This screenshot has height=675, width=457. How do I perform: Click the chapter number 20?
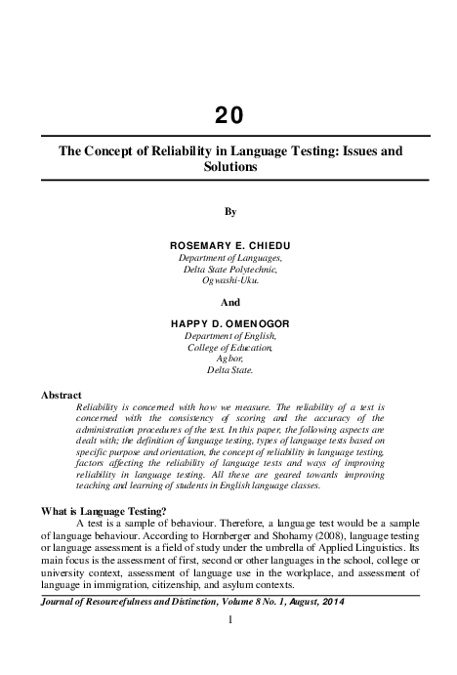point(230,119)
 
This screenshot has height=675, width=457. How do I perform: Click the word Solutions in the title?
point(230,167)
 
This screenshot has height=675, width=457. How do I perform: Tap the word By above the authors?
point(230,210)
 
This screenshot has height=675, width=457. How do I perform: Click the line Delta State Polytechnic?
point(230,269)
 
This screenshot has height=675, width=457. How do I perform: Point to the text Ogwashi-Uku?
point(230,281)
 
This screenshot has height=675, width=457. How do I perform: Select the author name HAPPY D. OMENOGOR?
point(230,322)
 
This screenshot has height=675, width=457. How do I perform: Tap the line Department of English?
point(230,335)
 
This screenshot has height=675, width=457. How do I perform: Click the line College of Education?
point(230,347)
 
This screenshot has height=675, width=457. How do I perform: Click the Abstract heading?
point(62,395)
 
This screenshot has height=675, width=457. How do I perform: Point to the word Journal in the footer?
point(58,601)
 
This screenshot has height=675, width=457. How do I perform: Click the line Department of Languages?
point(230,257)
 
